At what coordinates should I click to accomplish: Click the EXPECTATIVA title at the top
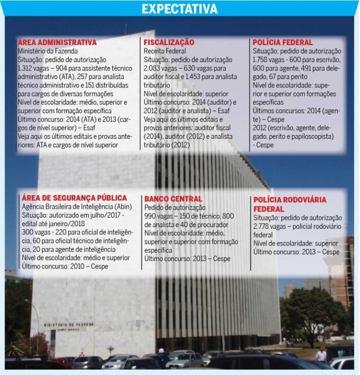click(179, 9)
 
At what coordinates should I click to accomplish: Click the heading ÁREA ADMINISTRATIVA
click(57, 42)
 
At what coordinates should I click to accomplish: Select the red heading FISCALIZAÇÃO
click(169, 42)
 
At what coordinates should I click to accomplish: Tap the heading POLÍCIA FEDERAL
click(283, 42)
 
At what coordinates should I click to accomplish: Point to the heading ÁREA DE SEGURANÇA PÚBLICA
click(74, 198)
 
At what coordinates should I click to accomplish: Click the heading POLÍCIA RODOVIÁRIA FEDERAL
click(289, 204)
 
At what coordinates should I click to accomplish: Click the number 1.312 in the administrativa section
click(26, 68)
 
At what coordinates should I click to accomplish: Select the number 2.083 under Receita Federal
click(153, 68)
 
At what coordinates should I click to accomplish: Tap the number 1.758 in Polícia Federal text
click(261, 60)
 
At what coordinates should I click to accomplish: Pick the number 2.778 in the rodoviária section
click(262, 226)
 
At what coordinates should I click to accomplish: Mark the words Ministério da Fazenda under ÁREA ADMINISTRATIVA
click(47, 51)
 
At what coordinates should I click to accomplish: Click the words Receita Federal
click(165, 51)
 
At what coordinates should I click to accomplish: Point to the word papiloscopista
click(312, 136)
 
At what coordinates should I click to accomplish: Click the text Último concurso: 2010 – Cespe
click(65, 266)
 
